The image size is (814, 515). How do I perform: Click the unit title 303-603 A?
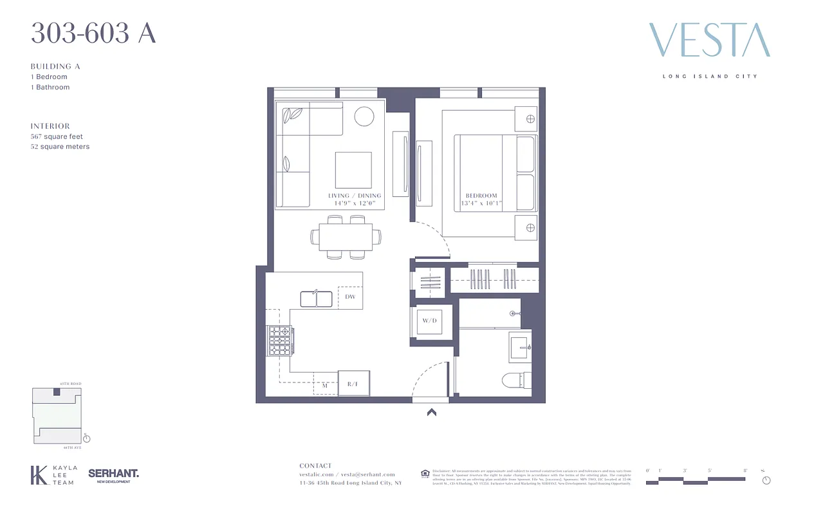coord(93,33)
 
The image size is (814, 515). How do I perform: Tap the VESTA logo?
coord(709,41)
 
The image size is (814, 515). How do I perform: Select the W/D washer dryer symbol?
coord(429,321)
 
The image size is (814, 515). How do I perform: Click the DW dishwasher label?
coord(350,297)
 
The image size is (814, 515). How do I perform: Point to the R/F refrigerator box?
coord(353,384)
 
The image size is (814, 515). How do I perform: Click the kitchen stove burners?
coord(280,341)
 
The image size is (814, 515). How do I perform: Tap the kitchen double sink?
coord(316,299)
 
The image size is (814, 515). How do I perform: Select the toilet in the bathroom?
coord(517,380)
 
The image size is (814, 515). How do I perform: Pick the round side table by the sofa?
coord(364,116)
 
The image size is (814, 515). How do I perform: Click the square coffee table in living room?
coord(353,170)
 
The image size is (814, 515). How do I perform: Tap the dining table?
coord(341,237)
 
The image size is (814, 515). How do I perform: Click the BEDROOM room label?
coord(481,196)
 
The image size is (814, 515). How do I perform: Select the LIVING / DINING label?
coord(355,196)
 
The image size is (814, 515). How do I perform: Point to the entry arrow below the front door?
coord(431,413)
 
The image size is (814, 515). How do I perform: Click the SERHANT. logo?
coord(113,474)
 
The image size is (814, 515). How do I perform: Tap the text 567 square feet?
coord(57,136)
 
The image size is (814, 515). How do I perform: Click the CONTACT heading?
coord(315,465)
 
